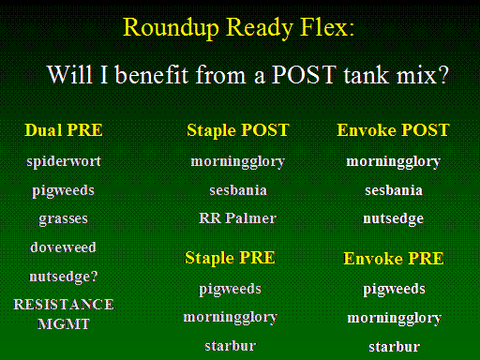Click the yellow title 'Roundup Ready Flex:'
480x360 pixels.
[239, 28]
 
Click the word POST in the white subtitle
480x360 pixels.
[304, 75]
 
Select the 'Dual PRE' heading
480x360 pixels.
[64, 130]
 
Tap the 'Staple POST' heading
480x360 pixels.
[238, 130]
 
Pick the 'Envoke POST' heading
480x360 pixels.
[393, 130]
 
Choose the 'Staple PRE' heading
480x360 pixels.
[230, 258]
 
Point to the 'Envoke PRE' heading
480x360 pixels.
[394, 259]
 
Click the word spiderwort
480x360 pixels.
[64, 162]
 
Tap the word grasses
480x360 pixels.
[63, 219]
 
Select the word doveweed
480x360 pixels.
[63, 247]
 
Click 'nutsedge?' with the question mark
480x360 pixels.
[64, 277]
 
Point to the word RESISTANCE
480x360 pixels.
[64, 305]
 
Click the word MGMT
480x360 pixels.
[64, 324]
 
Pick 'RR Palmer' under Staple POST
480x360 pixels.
[238, 218]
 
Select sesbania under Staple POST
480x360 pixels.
[238, 190]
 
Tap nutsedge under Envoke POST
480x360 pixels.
[393, 218]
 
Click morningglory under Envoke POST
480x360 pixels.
[394, 162]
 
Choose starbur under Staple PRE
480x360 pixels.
[231, 346]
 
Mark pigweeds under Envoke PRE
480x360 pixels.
[394, 290]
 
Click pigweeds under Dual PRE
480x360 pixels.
[63, 191]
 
